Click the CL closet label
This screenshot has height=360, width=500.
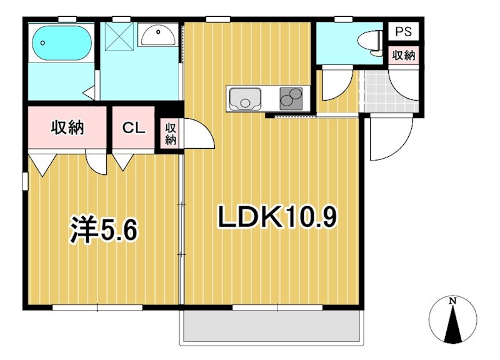click(133, 129)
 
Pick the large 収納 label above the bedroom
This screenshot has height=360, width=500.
click(67, 129)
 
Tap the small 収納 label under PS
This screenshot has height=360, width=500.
click(403, 55)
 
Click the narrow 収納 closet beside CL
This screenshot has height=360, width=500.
click(171, 134)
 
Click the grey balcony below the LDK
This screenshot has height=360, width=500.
click(271, 326)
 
